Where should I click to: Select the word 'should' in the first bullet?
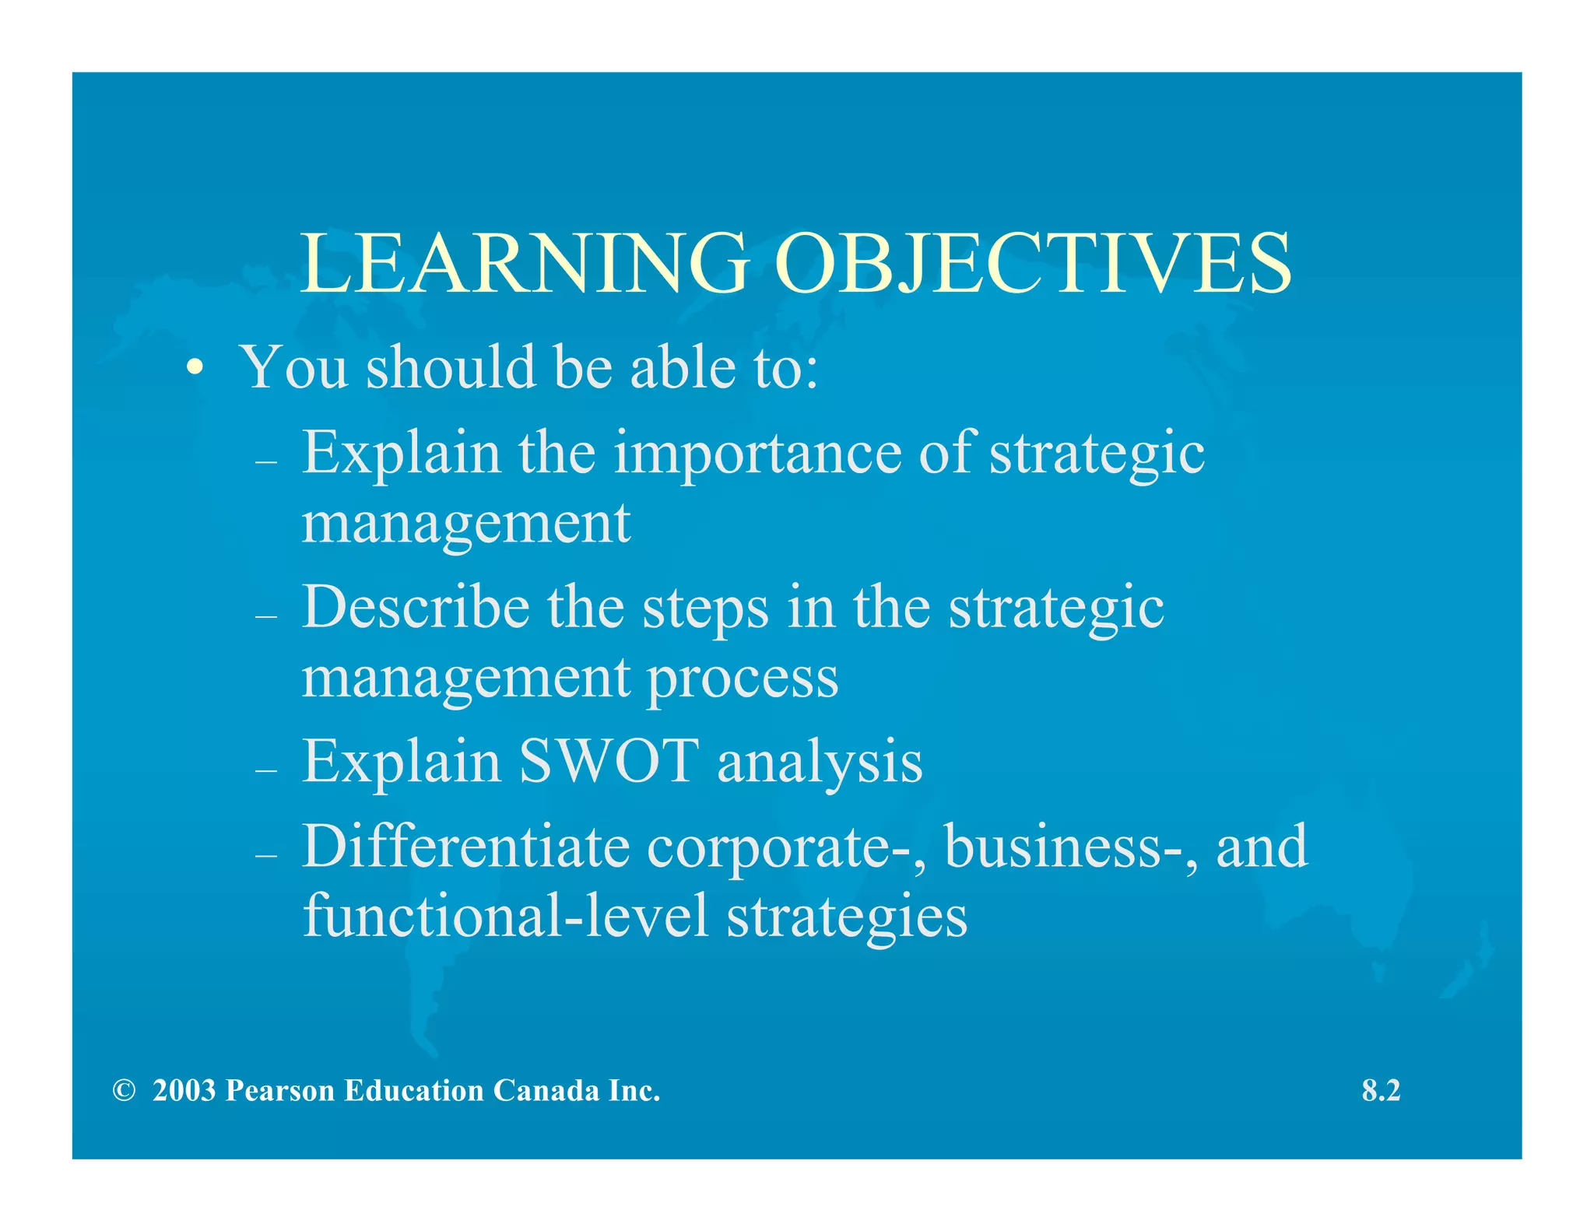coord(451,366)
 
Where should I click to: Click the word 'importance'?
coord(757,453)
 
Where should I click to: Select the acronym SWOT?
coord(609,761)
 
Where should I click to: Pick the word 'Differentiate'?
coord(465,847)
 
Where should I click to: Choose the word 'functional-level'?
coord(506,915)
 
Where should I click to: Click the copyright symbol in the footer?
coord(124,1091)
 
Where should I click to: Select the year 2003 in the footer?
coord(184,1091)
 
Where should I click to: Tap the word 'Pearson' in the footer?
coord(280,1091)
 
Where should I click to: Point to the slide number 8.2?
coord(1381,1091)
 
